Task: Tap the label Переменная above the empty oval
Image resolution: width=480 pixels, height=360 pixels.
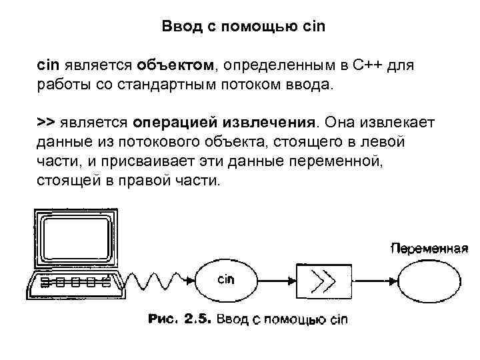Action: click(x=429, y=249)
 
